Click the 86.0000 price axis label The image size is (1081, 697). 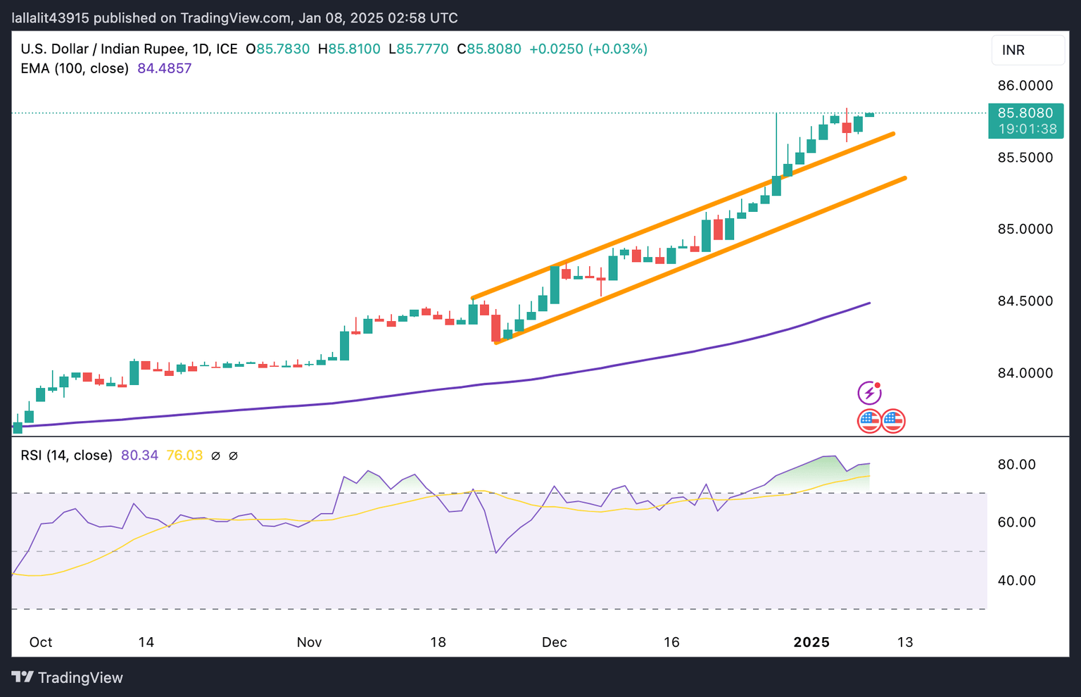1025,86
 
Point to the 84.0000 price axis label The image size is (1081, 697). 1025,373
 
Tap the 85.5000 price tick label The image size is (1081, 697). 1025,158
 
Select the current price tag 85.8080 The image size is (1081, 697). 1025,113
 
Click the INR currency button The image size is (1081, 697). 1013,50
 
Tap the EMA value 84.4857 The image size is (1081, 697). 165,68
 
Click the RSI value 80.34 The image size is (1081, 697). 139,456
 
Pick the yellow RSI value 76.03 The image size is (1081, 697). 184,456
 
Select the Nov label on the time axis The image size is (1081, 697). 309,642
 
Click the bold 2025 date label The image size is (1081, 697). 811,642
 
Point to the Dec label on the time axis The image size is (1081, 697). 554,642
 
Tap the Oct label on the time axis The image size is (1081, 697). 41,642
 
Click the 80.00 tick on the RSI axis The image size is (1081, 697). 1017,465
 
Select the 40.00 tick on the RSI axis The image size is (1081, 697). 1017,581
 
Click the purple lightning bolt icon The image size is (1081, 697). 869,393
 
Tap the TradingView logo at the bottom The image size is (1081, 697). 68,677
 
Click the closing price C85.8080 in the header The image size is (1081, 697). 489,49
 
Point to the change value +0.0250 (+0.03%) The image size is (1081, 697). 588,49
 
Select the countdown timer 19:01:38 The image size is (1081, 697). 1028,129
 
